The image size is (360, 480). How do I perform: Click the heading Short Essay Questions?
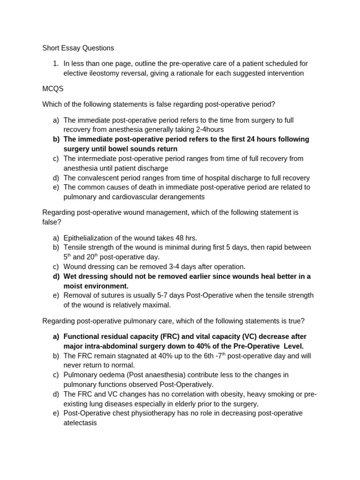(x=78, y=48)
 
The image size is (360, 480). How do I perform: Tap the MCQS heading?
(x=53, y=89)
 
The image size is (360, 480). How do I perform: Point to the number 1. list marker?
(x=56, y=63)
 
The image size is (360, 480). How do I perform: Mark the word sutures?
(x=107, y=295)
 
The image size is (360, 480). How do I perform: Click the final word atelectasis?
(x=80, y=423)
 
